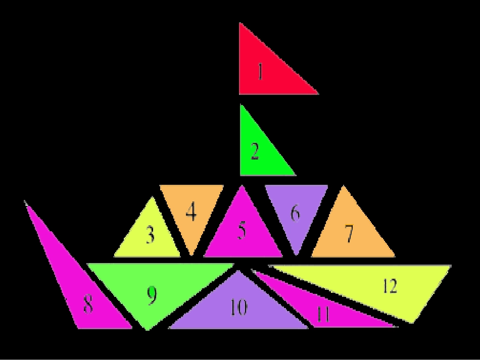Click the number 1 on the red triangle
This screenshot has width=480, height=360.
click(x=260, y=71)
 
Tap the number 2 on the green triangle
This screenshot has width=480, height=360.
click(x=255, y=151)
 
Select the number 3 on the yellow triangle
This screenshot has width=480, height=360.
click(x=150, y=234)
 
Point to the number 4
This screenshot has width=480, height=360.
click(x=191, y=212)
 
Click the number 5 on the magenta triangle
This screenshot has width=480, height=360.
click(x=242, y=230)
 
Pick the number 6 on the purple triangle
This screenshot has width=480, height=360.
click(x=295, y=213)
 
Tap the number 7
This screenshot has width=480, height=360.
click(x=349, y=233)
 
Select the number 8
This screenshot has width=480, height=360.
click(x=88, y=304)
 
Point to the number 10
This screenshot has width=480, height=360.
click(x=238, y=307)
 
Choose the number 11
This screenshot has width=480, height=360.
click(x=323, y=314)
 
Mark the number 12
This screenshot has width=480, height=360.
click(x=390, y=286)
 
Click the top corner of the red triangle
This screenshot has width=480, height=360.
click(x=239, y=23)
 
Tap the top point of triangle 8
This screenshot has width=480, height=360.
click(x=25, y=202)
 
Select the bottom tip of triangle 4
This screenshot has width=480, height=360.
click(x=191, y=254)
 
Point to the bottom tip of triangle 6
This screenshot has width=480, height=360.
click(x=296, y=254)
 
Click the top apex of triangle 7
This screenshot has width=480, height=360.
click(x=344, y=186)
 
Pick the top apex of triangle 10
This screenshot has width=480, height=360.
click(x=238, y=271)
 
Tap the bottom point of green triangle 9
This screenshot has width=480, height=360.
click(x=148, y=330)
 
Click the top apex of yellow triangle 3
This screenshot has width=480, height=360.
click(x=152, y=197)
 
